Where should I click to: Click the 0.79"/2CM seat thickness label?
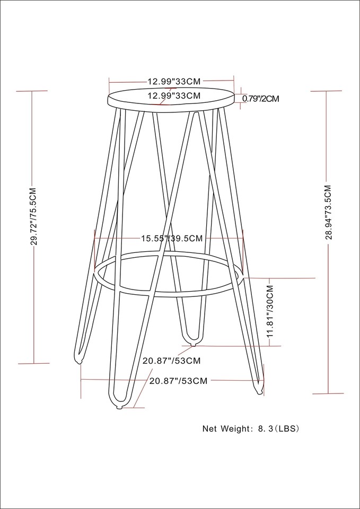coord(261,98)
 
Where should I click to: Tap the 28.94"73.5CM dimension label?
coord(328,212)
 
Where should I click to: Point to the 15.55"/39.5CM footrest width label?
coord(171,239)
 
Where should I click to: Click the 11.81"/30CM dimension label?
coord(270,312)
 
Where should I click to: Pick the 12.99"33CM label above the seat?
coord(173,82)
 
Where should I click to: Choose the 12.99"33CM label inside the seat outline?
coord(173,96)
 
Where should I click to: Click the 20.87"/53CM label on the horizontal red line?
coord(178,381)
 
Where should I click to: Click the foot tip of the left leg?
coord(78,362)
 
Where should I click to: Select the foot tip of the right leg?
coord(259,391)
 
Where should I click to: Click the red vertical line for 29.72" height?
coord(33,133)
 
